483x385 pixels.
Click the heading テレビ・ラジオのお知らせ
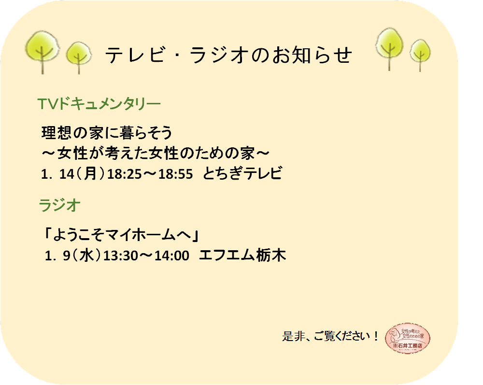(x=228, y=55)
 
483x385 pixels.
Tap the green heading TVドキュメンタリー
(x=99, y=103)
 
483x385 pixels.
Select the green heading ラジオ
(x=60, y=205)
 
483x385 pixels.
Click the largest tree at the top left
(x=42, y=51)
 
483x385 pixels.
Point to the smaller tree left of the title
(x=79, y=57)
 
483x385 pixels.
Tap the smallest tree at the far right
(x=420, y=55)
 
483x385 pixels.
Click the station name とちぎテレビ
(x=242, y=173)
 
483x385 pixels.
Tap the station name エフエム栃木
(x=243, y=256)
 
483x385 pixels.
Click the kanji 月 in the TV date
(x=91, y=173)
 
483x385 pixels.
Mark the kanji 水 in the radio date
(x=86, y=256)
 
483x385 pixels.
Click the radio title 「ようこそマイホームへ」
(x=122, y=235)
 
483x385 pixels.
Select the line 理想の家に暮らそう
(x=107, y=133)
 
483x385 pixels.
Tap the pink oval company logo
(x=408, y=338)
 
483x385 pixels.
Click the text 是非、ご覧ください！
(x=330, y=336)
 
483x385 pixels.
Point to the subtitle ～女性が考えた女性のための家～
(x=156, y=154)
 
